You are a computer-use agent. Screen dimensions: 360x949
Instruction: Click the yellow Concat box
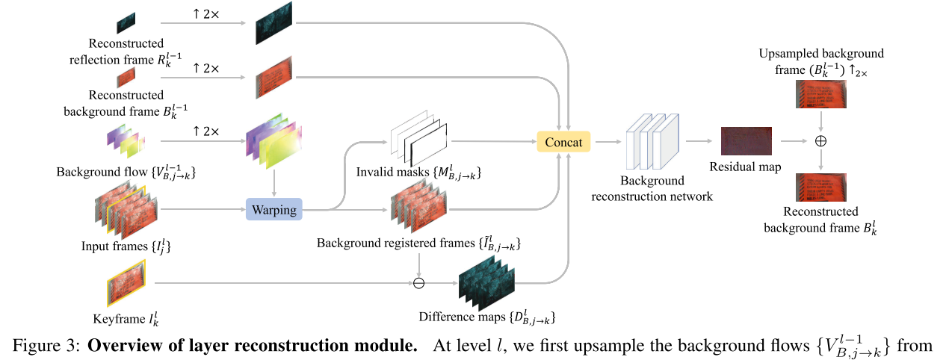563,141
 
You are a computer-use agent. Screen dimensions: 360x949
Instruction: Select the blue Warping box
273,210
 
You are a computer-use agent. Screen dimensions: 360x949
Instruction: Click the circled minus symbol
418,283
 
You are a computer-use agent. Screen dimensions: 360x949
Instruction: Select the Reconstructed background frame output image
820,187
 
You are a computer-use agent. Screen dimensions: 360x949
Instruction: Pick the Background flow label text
102,173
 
